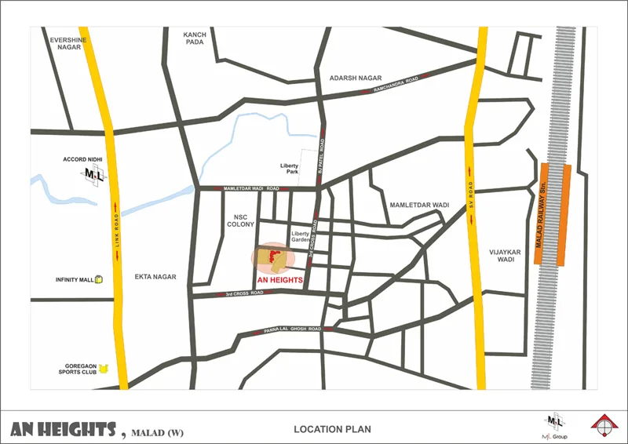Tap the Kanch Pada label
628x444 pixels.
[194, 38]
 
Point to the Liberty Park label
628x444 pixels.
[290, 169]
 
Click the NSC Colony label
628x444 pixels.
[240, 220]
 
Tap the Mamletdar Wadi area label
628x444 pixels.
[419, 205]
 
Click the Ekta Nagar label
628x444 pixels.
[155, 277]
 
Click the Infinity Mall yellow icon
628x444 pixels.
[99, 279]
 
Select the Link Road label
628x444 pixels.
[115, 235]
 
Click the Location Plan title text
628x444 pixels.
[332, 429]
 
